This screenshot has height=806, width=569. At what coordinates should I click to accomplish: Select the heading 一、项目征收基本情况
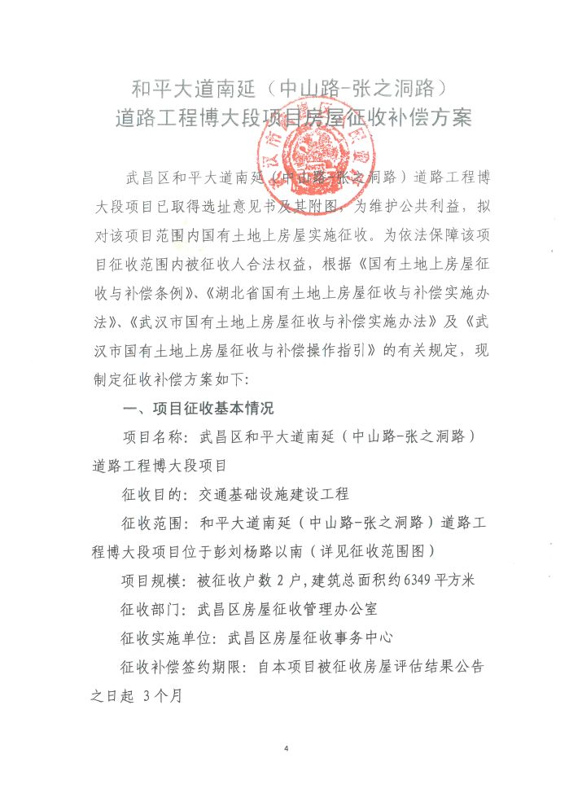point(197,408)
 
